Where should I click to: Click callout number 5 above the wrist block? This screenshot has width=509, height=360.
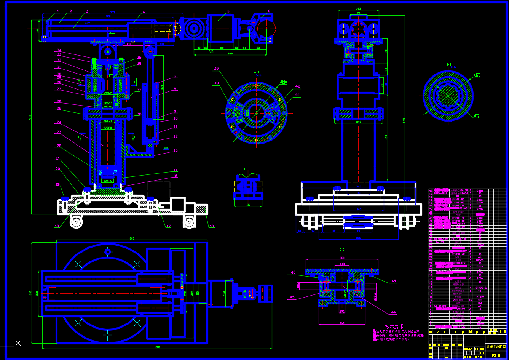tap(228, 11)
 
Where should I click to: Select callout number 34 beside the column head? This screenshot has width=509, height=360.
tap(59, 50)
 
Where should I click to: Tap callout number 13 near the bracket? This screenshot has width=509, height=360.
tap(176, 150)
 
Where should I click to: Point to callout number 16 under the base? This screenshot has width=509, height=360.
tap(212, 226)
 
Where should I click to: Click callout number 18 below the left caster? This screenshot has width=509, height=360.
tap(57, 226)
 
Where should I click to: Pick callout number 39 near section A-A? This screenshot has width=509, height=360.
tap(216, 69)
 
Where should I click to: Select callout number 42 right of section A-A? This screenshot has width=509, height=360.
tap(297, 86)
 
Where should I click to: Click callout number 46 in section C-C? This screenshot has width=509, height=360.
tap(293, 272)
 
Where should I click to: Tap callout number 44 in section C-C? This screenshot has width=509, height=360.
tap(393, 312)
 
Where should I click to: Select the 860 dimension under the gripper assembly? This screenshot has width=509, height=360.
tap(230, 54)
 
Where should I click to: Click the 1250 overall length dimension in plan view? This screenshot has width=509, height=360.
tap(157, 347)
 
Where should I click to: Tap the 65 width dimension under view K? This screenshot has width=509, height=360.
tap(248, 205)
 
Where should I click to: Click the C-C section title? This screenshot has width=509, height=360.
tap(341, 250)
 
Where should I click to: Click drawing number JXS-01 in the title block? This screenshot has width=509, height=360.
tap(495, 355)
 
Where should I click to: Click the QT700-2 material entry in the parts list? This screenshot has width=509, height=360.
tap(481, 288)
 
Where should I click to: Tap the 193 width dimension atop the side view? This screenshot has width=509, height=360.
tap(358, 8)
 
